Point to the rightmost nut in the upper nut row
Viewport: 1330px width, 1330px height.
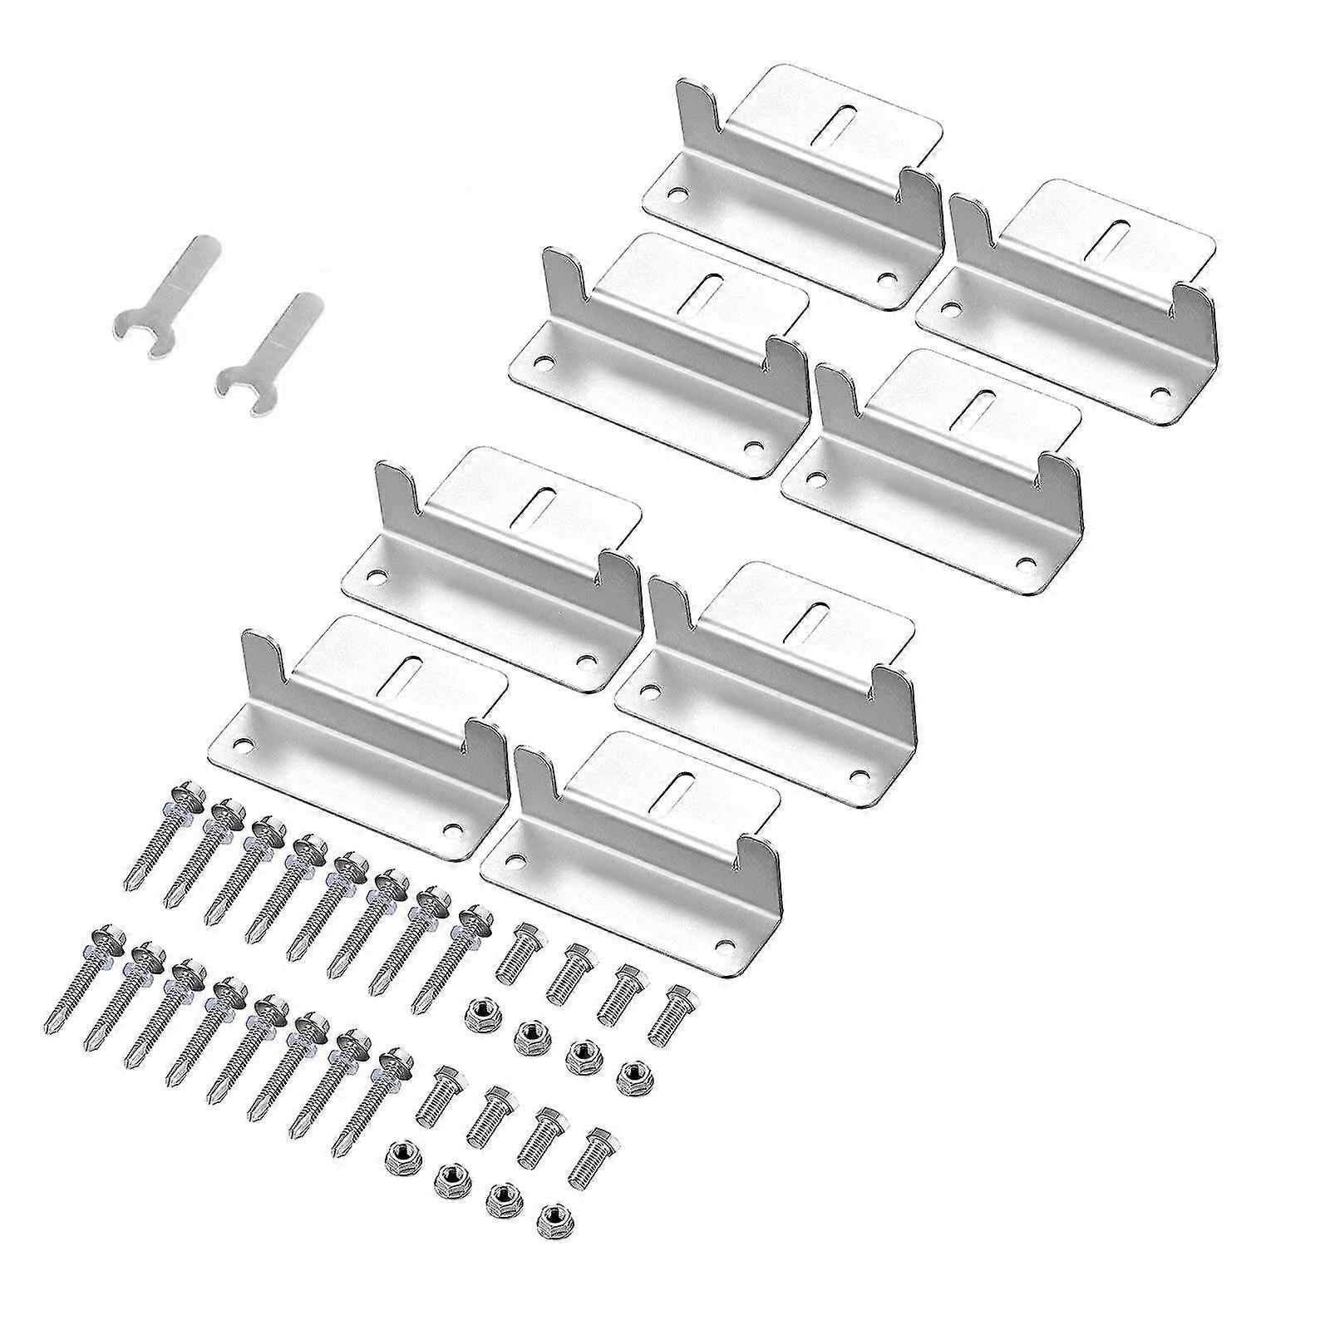(x=632, y=1072)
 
